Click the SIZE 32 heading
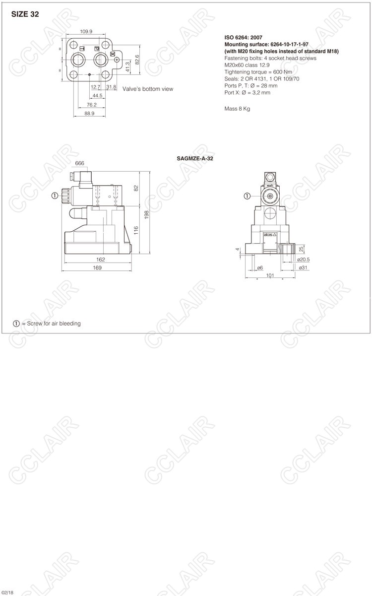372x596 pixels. click(x=25, y=14)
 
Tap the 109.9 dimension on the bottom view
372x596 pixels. click(x=86, y=31)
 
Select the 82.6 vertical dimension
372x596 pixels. click(x=137, y=60)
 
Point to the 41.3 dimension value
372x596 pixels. click(x=127, y=67)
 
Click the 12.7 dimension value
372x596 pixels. click(x=95, y=87)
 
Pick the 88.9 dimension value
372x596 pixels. click(x=89, y=113)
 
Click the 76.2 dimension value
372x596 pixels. click(x=91, y=105)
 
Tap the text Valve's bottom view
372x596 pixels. click(x=148, y=89)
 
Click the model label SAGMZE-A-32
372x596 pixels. click(x=195, y=159)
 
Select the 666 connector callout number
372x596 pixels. click(x=79, y=163)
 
